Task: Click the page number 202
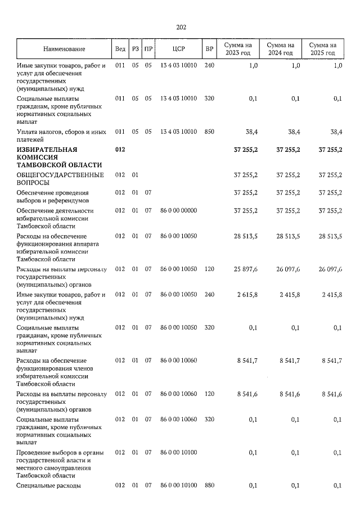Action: pos(181,27)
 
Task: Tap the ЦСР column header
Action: pos(178,49)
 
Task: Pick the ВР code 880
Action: pos(209,486)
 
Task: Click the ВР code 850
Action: pos(209,132)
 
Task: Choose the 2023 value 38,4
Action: pos(250,132)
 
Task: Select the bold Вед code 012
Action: pos(120,150)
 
